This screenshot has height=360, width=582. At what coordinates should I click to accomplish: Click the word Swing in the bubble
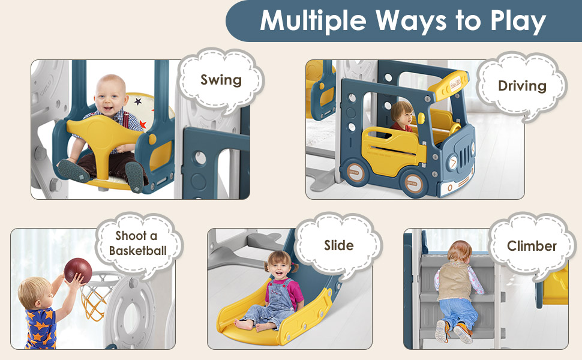pos(221,80)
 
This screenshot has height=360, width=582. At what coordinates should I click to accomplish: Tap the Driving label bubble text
pos(522,86)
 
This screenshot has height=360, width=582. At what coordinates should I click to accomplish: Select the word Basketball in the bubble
pos(138,250)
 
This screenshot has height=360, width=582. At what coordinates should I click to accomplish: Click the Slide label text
pos(338,245)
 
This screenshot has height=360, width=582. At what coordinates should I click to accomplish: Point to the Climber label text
pos(532,246)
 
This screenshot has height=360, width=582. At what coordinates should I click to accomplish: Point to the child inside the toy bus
pos(401,116)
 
